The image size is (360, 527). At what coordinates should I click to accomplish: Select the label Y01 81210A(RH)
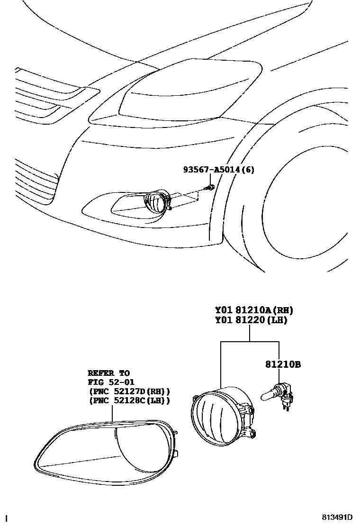[254, 310]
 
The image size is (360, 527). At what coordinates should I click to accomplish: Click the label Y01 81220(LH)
[251, 320]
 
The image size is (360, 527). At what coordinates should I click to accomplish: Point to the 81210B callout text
[283, 364]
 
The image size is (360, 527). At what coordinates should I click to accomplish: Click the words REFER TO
[108, 373]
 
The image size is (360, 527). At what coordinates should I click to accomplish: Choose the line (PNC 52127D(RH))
[128, 391]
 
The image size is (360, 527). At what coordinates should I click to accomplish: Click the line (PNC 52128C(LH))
[128, 400]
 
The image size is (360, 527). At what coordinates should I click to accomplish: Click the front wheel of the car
[308, 209]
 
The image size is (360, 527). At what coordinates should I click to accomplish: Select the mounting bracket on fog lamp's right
[249, 417]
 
